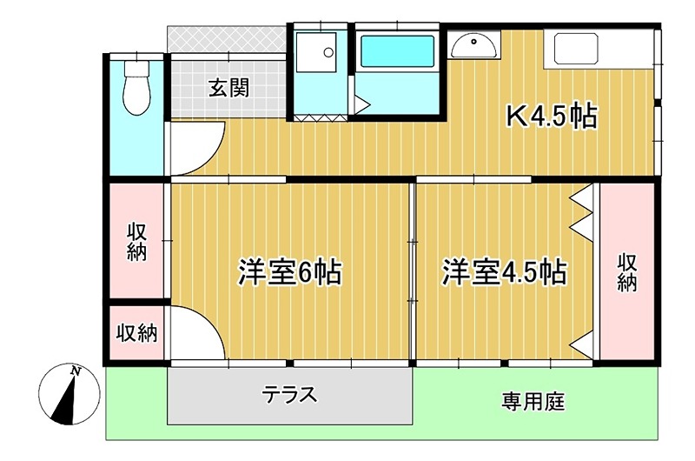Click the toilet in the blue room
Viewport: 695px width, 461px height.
coord(137,88)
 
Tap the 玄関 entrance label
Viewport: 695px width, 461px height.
coord(229,87)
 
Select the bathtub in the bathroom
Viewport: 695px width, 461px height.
coord(397,51)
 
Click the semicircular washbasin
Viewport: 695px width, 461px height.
coord(473,47)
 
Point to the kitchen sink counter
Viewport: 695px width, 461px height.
coord(571,50)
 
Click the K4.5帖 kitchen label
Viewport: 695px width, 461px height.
coord(552,116)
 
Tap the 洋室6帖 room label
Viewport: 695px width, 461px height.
coord(290,271)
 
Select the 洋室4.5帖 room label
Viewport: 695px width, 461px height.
coord(504,271)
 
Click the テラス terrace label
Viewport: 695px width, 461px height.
coord(290,394)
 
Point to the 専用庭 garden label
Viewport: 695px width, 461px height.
coord(533,402)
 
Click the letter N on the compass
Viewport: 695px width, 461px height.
coord(76,371)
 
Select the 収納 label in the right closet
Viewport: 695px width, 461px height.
coord(627,272)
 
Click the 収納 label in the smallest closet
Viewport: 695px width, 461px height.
coord(137,332)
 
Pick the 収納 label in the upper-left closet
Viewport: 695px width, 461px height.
coord(137,242)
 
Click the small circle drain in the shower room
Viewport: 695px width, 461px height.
coord(328,52)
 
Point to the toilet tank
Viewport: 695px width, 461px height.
coord(137,69)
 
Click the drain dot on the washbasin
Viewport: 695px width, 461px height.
coord(473,42)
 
